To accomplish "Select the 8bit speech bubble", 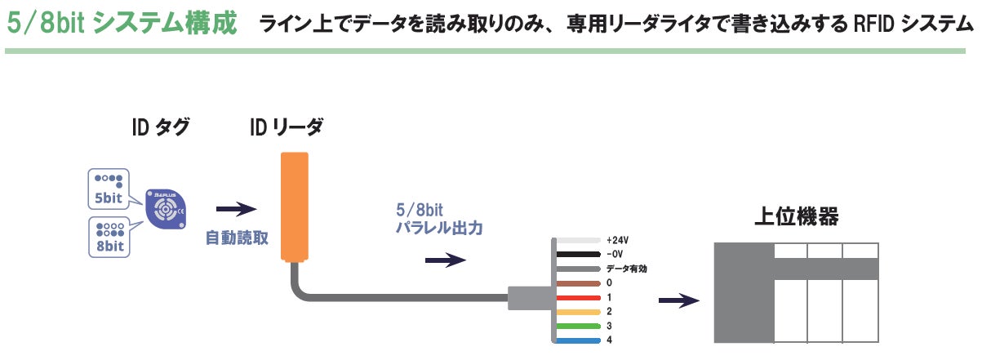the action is pyautogui.click(x=109, y=237).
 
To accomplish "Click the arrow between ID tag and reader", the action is pyautogui.click(x=237, y=209).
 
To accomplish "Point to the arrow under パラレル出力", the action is pyautogui.click(x=446, y=261).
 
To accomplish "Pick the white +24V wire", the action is pyautogui.click(x=580, y=241).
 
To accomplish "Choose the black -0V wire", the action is pyautogui.click(x=580, y=255).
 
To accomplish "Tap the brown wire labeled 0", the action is pyautogui.click(x=580, y=283).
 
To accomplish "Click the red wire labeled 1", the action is pyautogui.click(x=580, y=297).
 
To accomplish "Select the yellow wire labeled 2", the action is pyautogui.click(x=580, y=312).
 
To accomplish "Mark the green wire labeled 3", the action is pyautogui.click(x=580, y=326).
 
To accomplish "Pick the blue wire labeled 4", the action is pyautogui.click(x=580, y=340).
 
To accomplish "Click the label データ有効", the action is pyautogui.click(x=627, y=269).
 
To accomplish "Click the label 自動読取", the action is pyautogui.click(x=237, y=238).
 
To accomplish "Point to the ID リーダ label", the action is pyautogui.click(x=286, y=127).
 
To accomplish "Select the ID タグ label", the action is pyautogui.click(x=160, y=127).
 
